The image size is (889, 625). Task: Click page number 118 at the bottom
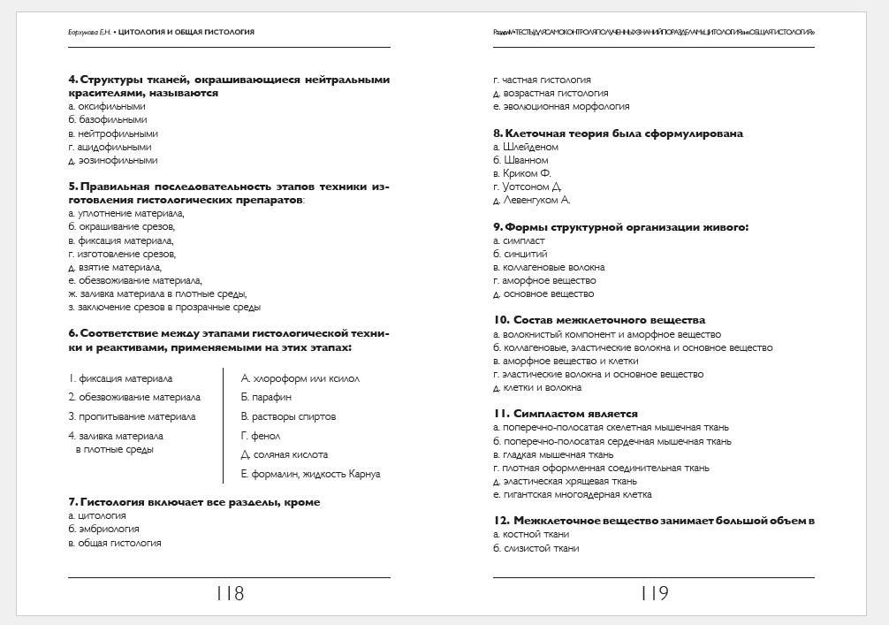[x=229, y=594]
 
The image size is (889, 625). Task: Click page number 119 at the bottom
[x=654, y=594]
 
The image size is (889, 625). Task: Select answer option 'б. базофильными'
[x=108, y=120]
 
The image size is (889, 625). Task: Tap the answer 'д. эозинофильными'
[x=113, y=161]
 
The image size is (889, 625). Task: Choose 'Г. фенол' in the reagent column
[x=261, y=436]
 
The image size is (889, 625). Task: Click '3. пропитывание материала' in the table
[x=132, y=416]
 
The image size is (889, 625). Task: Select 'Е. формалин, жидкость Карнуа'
[x=310, y=475]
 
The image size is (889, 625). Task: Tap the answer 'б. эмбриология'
[x=103, y=530]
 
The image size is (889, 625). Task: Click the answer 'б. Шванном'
[x=520, y=161]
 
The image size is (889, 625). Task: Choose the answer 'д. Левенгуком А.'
[x=532, y=201]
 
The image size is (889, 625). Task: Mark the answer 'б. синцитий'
[x=520, y=255]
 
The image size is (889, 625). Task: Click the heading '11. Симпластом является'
[x=566, y=414]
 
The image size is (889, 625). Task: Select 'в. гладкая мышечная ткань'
[x=553, y=454]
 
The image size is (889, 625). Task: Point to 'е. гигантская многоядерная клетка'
[x=573, y=495]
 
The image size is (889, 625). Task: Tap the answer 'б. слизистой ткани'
[x=536, y=549]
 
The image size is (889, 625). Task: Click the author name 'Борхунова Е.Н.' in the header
[x=89, y=32]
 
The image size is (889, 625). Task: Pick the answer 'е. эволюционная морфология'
[x=561, y=107]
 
